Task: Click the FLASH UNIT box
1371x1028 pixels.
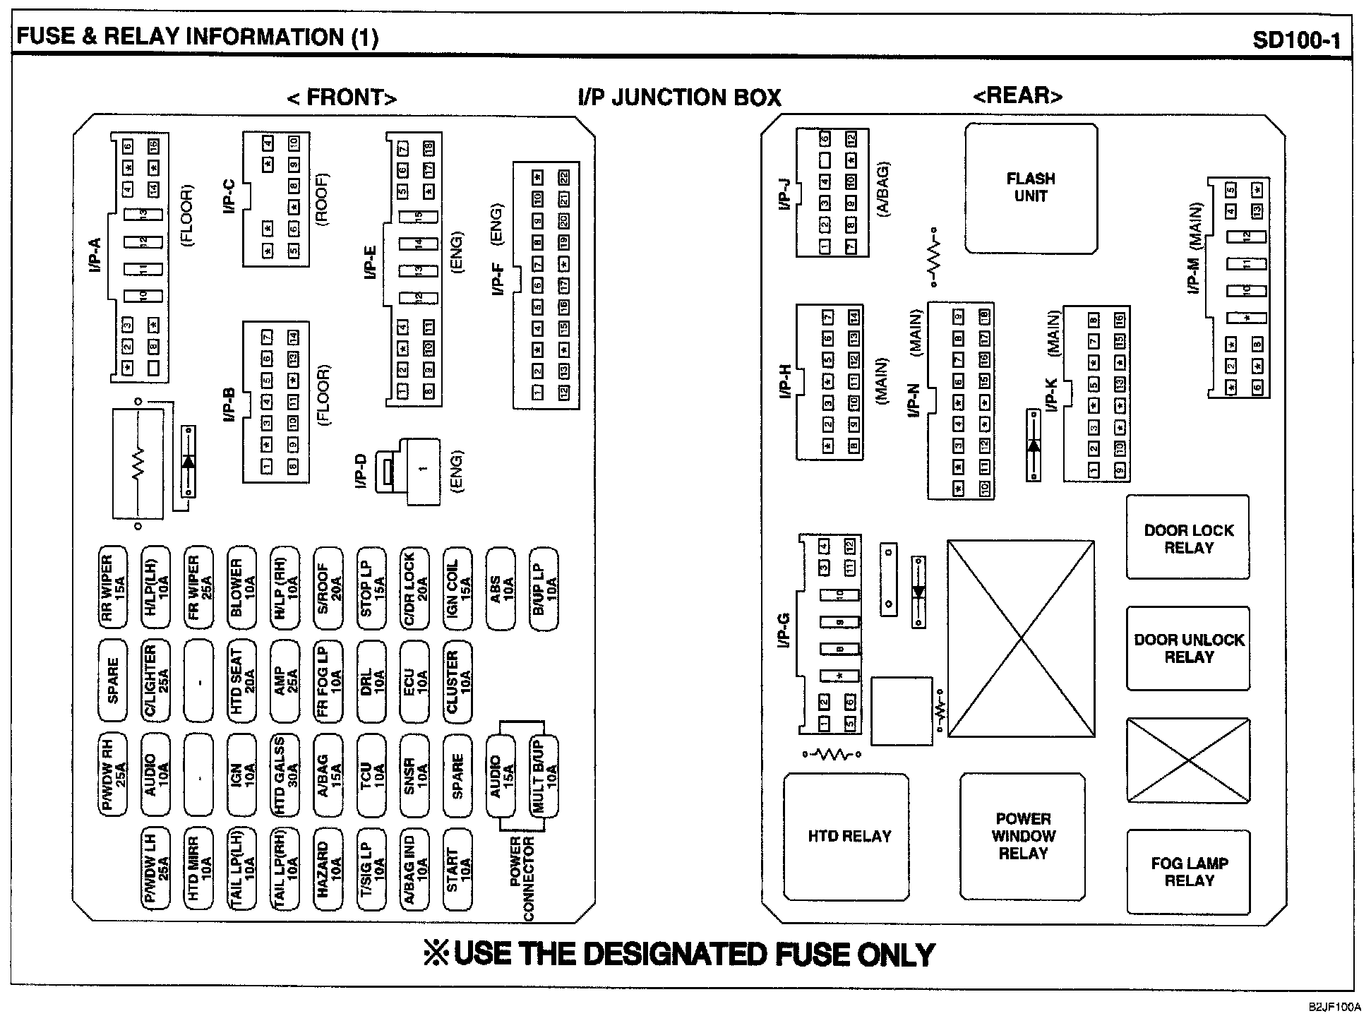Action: coord(1031,188)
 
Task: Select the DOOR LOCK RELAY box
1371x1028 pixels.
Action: coord(1188,538)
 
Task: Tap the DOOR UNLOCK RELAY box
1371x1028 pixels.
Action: coord(1188,648)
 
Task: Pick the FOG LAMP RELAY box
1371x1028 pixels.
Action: coord(1188,872)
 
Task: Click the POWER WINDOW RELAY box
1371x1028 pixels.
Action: coord(1023,837)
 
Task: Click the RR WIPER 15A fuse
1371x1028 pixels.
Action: coord(113,587)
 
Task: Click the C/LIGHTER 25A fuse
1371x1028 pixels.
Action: coord(156,681)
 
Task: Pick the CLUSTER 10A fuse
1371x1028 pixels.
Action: coord(458,681)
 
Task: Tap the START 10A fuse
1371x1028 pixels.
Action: coord(458,868)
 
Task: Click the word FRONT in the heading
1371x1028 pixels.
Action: coord(342,97)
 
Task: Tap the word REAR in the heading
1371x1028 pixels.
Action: coord(1017,96)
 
